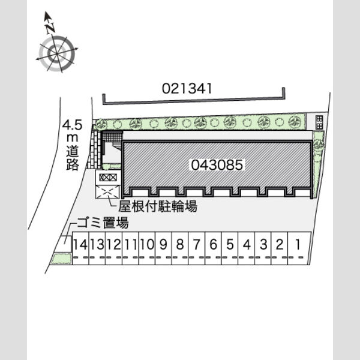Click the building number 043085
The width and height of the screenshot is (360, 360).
[217, 165]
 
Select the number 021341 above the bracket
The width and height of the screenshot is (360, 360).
[187, 88]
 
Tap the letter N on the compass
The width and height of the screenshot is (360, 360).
[50, 28]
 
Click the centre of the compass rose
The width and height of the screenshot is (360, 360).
[57, 54]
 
